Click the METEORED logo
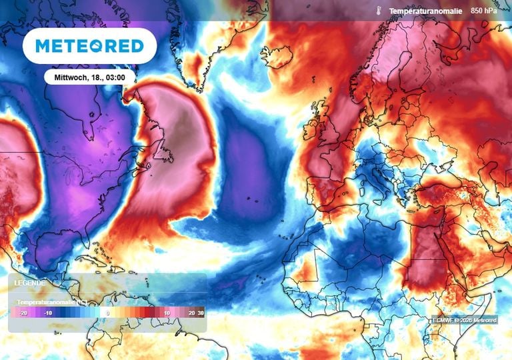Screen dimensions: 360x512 click(89, 46)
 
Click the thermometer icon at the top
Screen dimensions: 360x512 click(377, 11)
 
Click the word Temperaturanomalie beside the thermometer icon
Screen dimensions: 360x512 click(425, 11)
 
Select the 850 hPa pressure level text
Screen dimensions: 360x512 click(485, 11)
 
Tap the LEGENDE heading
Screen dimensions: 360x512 click(30, 283)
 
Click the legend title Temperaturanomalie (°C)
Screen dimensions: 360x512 click(53, 302)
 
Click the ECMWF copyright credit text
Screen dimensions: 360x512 click(464, 321)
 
